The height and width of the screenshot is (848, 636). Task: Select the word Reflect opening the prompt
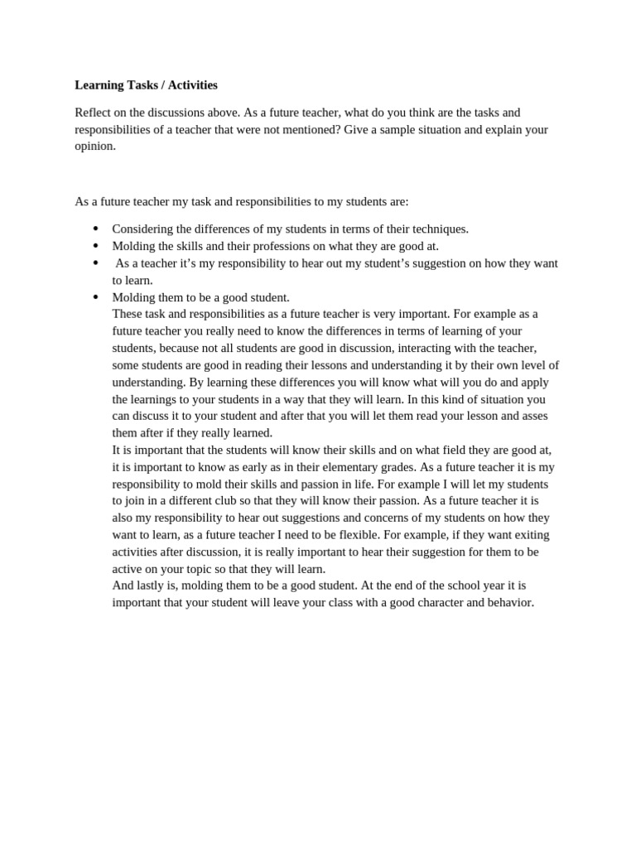tap(95, 113)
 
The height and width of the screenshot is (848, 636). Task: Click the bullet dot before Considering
tap(95, 229)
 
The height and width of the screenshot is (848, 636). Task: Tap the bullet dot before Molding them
tap(95, 296)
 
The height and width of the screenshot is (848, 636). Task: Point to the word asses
tap(532, 416)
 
